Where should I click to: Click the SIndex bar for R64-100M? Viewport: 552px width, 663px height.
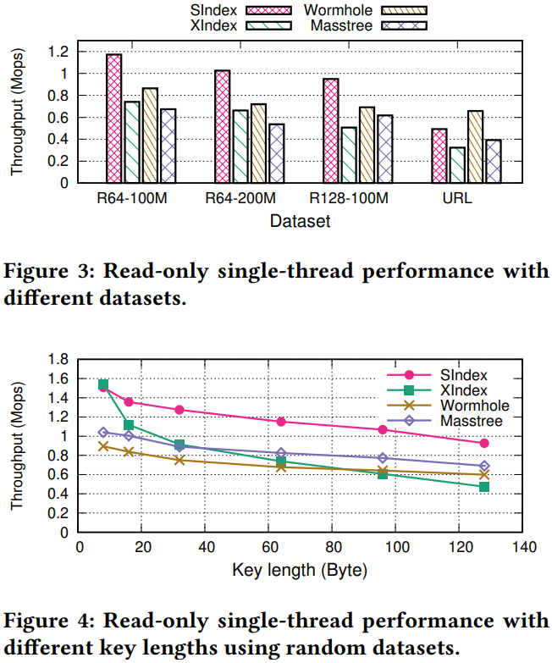114,119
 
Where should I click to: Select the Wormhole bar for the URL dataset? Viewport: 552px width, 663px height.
475,146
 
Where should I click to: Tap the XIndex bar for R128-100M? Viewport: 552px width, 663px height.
348,155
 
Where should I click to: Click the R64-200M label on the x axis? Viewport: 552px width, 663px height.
241,199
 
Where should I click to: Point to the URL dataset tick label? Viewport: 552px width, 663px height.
457,199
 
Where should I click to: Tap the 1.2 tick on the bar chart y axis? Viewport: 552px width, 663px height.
58,52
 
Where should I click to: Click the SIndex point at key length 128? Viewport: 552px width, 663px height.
484,443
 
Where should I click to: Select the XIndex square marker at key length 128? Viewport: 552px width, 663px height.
484,487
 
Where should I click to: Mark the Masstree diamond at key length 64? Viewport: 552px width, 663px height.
281,454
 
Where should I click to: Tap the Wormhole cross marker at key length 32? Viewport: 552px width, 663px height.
179,460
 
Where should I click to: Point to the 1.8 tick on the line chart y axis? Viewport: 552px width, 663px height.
58,358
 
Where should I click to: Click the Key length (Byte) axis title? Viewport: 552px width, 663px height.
300,570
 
